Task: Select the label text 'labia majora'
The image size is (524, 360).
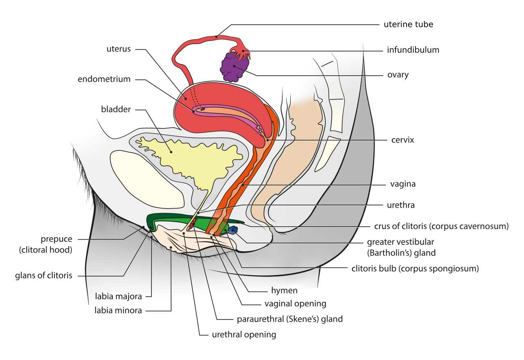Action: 118,296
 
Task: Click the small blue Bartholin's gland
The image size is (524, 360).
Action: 233,230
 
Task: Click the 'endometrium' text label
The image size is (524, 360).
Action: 104,80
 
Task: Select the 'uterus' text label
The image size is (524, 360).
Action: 118,49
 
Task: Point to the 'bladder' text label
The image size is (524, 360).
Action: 117,110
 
